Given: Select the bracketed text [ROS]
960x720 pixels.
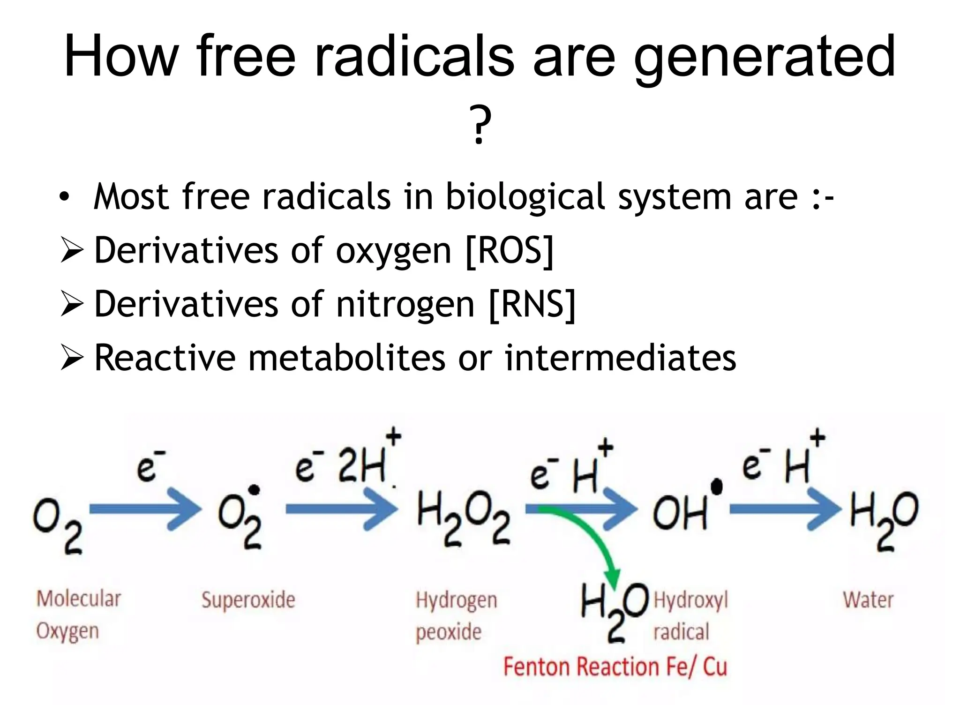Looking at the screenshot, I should click(x=510, y=251).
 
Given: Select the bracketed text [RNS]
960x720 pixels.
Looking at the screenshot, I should click(x=532, y=305).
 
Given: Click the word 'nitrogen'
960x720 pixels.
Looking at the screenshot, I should click(x=405, y=305).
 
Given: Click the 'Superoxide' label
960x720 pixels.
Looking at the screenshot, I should click(x=248, y=600).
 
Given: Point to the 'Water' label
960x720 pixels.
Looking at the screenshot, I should click(x=868, y=600).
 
